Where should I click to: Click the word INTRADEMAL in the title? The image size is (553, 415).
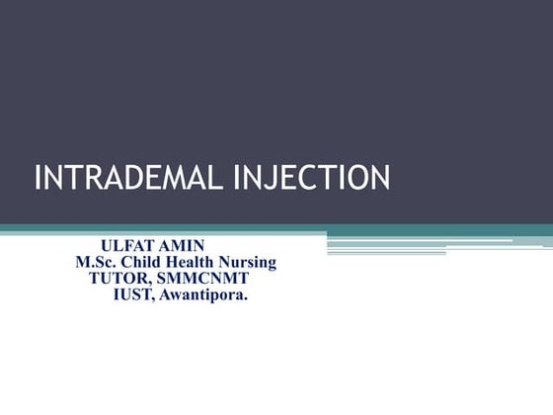[x=122, y=179]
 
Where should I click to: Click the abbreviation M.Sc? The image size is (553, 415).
[x=95, y=262]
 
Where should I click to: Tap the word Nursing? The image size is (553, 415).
[x=249, y=262]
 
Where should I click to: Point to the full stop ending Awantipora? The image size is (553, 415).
[x=247, y=297]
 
